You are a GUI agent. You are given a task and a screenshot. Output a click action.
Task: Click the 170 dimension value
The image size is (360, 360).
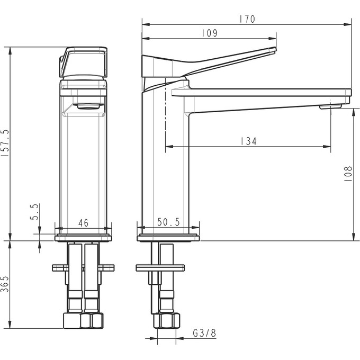point(247,19)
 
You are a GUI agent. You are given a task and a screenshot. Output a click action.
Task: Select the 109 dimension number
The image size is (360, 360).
point(210,33)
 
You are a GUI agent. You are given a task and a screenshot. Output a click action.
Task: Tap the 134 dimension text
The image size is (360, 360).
point(249,141)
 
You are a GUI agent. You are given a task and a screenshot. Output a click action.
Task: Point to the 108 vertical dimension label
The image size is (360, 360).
point(348,174)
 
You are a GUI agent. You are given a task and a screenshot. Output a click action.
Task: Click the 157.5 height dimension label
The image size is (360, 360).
point(5,143)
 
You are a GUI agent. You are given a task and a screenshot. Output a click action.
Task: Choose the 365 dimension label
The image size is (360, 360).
point(5,284)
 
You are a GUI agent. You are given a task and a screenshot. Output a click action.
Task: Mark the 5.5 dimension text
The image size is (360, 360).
point(34,212)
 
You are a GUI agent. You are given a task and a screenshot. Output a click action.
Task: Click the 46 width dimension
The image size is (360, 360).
point(83,223)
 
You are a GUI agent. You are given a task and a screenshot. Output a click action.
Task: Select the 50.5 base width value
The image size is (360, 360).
point(168,222)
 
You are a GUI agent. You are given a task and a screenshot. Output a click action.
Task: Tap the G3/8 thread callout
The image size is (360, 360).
point(204,333)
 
